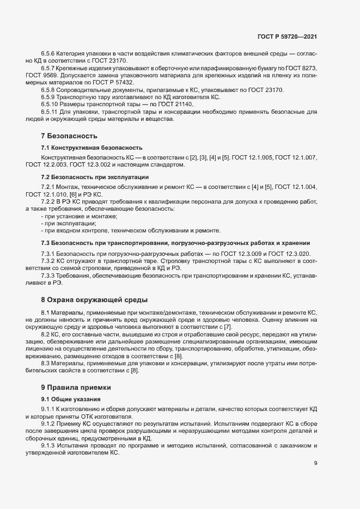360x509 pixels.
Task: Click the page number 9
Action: [316, 463]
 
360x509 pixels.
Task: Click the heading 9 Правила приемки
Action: [76, 387]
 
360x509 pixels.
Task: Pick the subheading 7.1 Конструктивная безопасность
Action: [92, 148]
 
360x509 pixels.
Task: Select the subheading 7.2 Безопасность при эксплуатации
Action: [95, 177]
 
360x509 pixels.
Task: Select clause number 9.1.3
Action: [50, 445]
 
